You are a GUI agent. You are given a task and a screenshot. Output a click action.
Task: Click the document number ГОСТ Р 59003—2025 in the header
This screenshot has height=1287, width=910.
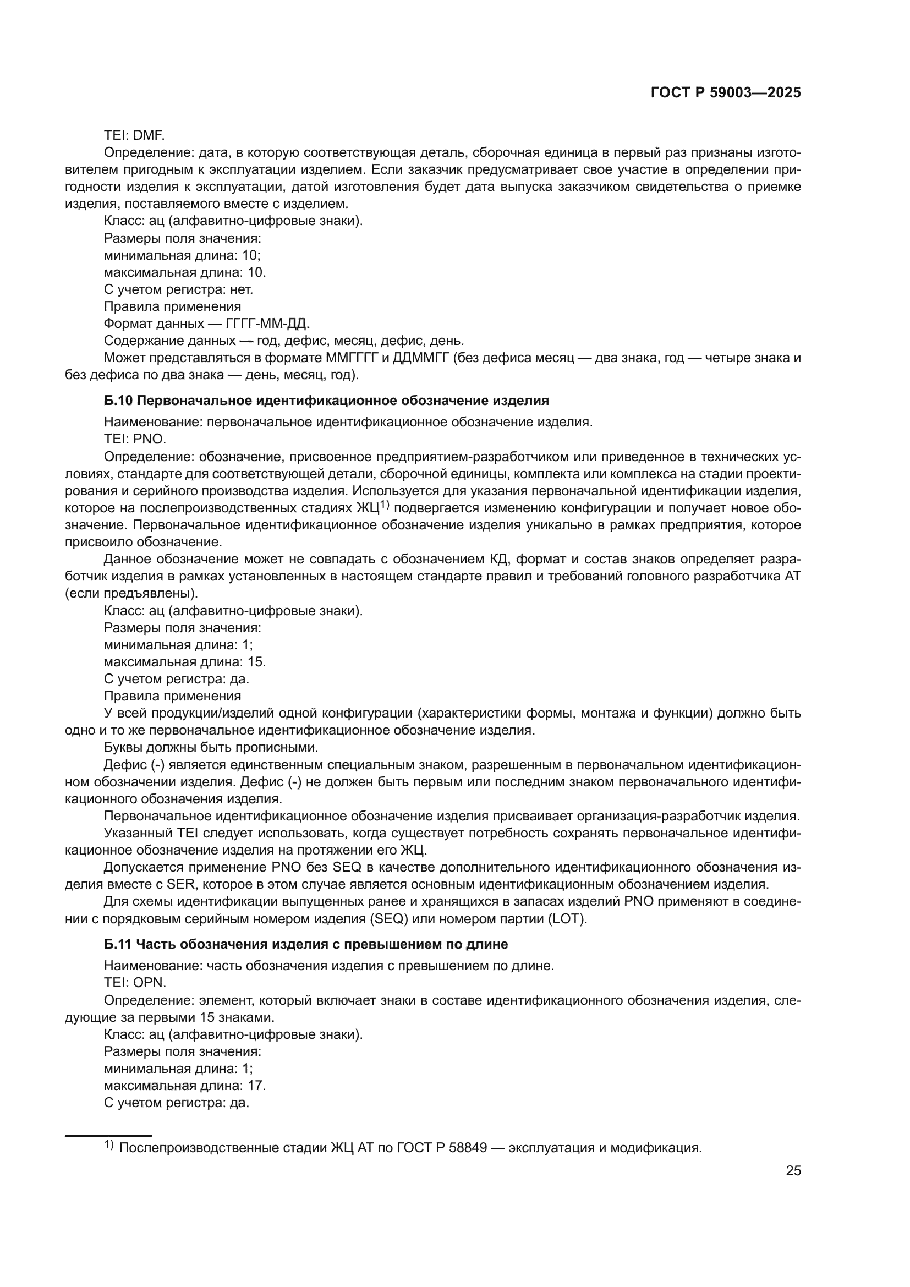tap(726, 93)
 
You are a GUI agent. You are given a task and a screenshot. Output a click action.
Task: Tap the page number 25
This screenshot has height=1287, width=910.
tap(793, 1171)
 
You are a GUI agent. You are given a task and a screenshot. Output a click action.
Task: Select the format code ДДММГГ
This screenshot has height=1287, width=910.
tap(422, 358)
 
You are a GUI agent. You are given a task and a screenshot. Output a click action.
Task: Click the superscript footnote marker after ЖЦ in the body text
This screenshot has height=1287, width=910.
tap(385, 505)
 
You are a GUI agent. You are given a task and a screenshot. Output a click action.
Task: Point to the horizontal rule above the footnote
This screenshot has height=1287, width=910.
tap(108, 1136)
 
